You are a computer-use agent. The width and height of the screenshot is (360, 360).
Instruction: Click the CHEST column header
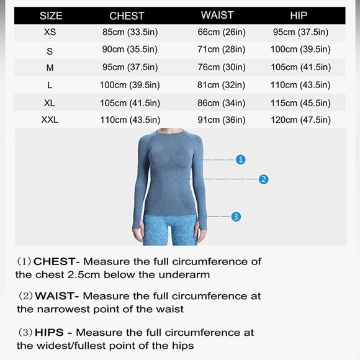click(x=127, y=15)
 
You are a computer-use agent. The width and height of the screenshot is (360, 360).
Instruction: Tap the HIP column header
click(x=299, y=15)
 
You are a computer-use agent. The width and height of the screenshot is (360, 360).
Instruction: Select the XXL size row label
click(x=50, y=119)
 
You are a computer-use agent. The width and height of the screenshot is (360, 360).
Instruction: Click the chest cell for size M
click(x=130, y=67)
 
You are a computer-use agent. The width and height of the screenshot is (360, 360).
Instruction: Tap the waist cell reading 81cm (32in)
click(x=221, y=84)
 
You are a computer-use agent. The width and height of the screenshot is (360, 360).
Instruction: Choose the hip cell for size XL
click(x=300, y=102)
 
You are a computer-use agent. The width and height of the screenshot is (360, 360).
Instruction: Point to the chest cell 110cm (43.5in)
click(x=130, y=119)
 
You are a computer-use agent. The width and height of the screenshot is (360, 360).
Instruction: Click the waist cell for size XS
click(x=221, y=32)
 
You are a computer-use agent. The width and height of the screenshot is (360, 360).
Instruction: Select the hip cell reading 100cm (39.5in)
click(x=300, y=49)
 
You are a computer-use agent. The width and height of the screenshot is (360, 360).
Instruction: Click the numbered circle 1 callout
click(x=241, y=160)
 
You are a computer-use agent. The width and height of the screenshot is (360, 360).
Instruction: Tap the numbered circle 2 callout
click(x=264, y=179)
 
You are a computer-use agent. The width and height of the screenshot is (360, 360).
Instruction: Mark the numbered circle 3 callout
click(x=236, y=217)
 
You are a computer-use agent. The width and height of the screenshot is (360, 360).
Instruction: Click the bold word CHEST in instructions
click(x=55, y=261)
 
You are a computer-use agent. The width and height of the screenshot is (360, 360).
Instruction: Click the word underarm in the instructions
click(x=186, y=274)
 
